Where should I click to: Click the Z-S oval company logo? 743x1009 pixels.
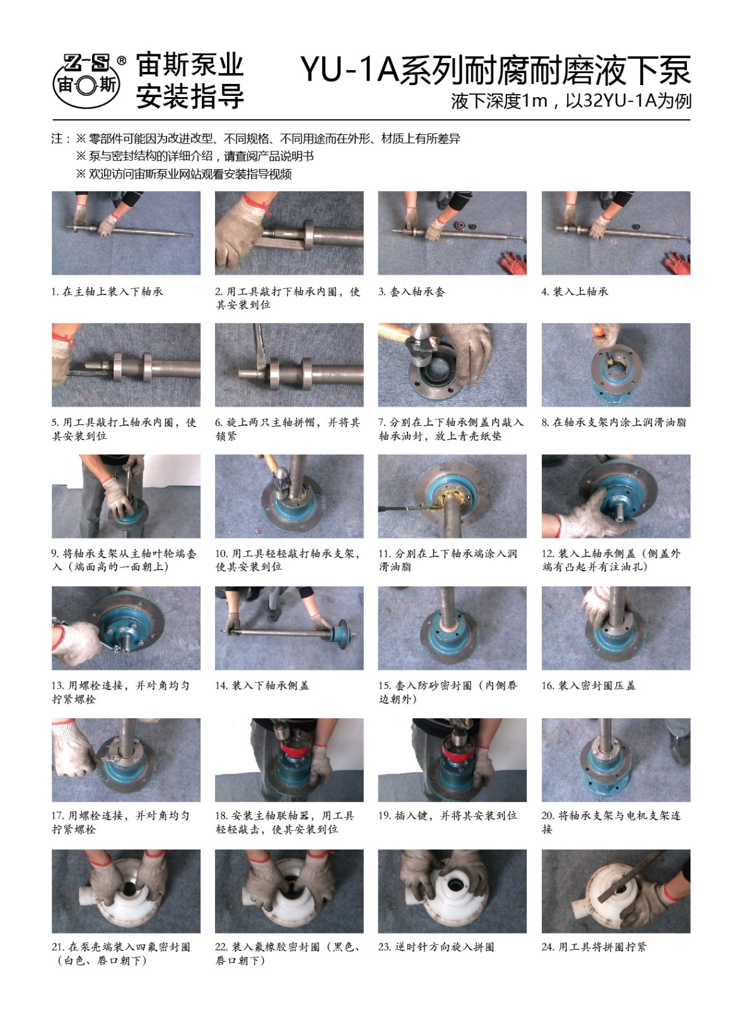86,82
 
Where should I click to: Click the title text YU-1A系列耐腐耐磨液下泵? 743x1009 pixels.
495,70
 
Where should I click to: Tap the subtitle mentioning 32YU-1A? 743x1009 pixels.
571,101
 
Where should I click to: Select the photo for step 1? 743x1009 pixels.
126,233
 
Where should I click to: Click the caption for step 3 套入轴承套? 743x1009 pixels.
411,291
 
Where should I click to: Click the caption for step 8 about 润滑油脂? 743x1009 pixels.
614,422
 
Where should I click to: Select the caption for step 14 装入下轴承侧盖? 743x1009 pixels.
262,685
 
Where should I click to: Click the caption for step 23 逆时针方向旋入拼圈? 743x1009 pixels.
436,947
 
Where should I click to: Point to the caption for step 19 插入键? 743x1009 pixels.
447,815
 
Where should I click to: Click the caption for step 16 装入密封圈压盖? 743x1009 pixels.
588,685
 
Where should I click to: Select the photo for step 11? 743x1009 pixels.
452,496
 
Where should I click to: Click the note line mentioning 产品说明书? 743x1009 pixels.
195,156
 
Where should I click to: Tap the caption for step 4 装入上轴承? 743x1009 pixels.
575,291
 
